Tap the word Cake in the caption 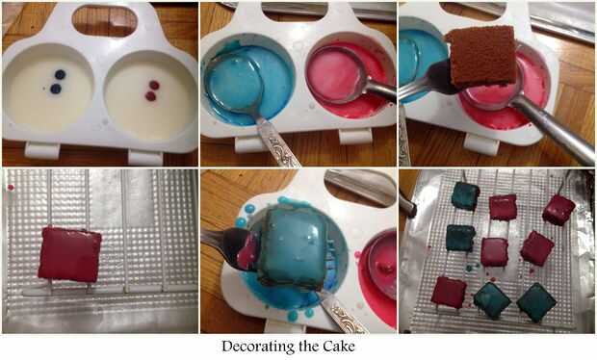click(339, 347)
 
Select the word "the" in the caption click(309, 347)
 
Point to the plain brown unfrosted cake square click(481, 56)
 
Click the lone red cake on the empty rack click(69, 254)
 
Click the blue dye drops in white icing click(58, 82)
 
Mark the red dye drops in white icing click(152, 90)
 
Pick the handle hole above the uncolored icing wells click(105, 20)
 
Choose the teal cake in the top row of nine click(465, 195)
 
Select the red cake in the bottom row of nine click(449, 293)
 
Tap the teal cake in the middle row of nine click(460, 238)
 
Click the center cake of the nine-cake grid click(494, 252)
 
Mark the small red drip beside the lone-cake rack click(11, 188)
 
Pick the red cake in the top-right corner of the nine click(558, 210)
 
